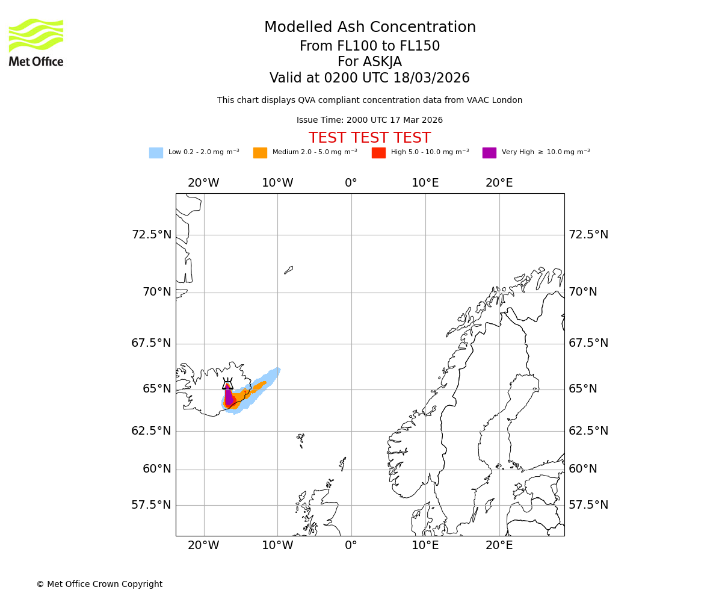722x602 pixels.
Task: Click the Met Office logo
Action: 36,42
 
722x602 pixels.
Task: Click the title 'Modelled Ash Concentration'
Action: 369,28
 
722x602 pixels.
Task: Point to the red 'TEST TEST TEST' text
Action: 369,138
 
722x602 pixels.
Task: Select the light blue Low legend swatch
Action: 156,153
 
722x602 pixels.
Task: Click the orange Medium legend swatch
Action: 260,153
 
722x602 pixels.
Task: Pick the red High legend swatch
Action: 378,153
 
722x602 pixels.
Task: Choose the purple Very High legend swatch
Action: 489,153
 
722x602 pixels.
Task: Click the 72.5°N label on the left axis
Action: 152,235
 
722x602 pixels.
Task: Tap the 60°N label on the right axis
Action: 583,469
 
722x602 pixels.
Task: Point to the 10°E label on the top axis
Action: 425,183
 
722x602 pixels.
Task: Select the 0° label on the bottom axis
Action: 351,545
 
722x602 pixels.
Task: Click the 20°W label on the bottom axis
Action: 203,545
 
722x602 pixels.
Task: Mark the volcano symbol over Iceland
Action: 227,384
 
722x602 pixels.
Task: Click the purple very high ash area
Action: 229,398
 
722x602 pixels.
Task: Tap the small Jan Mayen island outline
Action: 289,270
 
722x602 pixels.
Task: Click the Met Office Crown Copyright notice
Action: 99,584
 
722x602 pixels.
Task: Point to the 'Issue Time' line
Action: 369,120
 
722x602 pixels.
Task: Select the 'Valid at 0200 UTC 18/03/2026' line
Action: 369,78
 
